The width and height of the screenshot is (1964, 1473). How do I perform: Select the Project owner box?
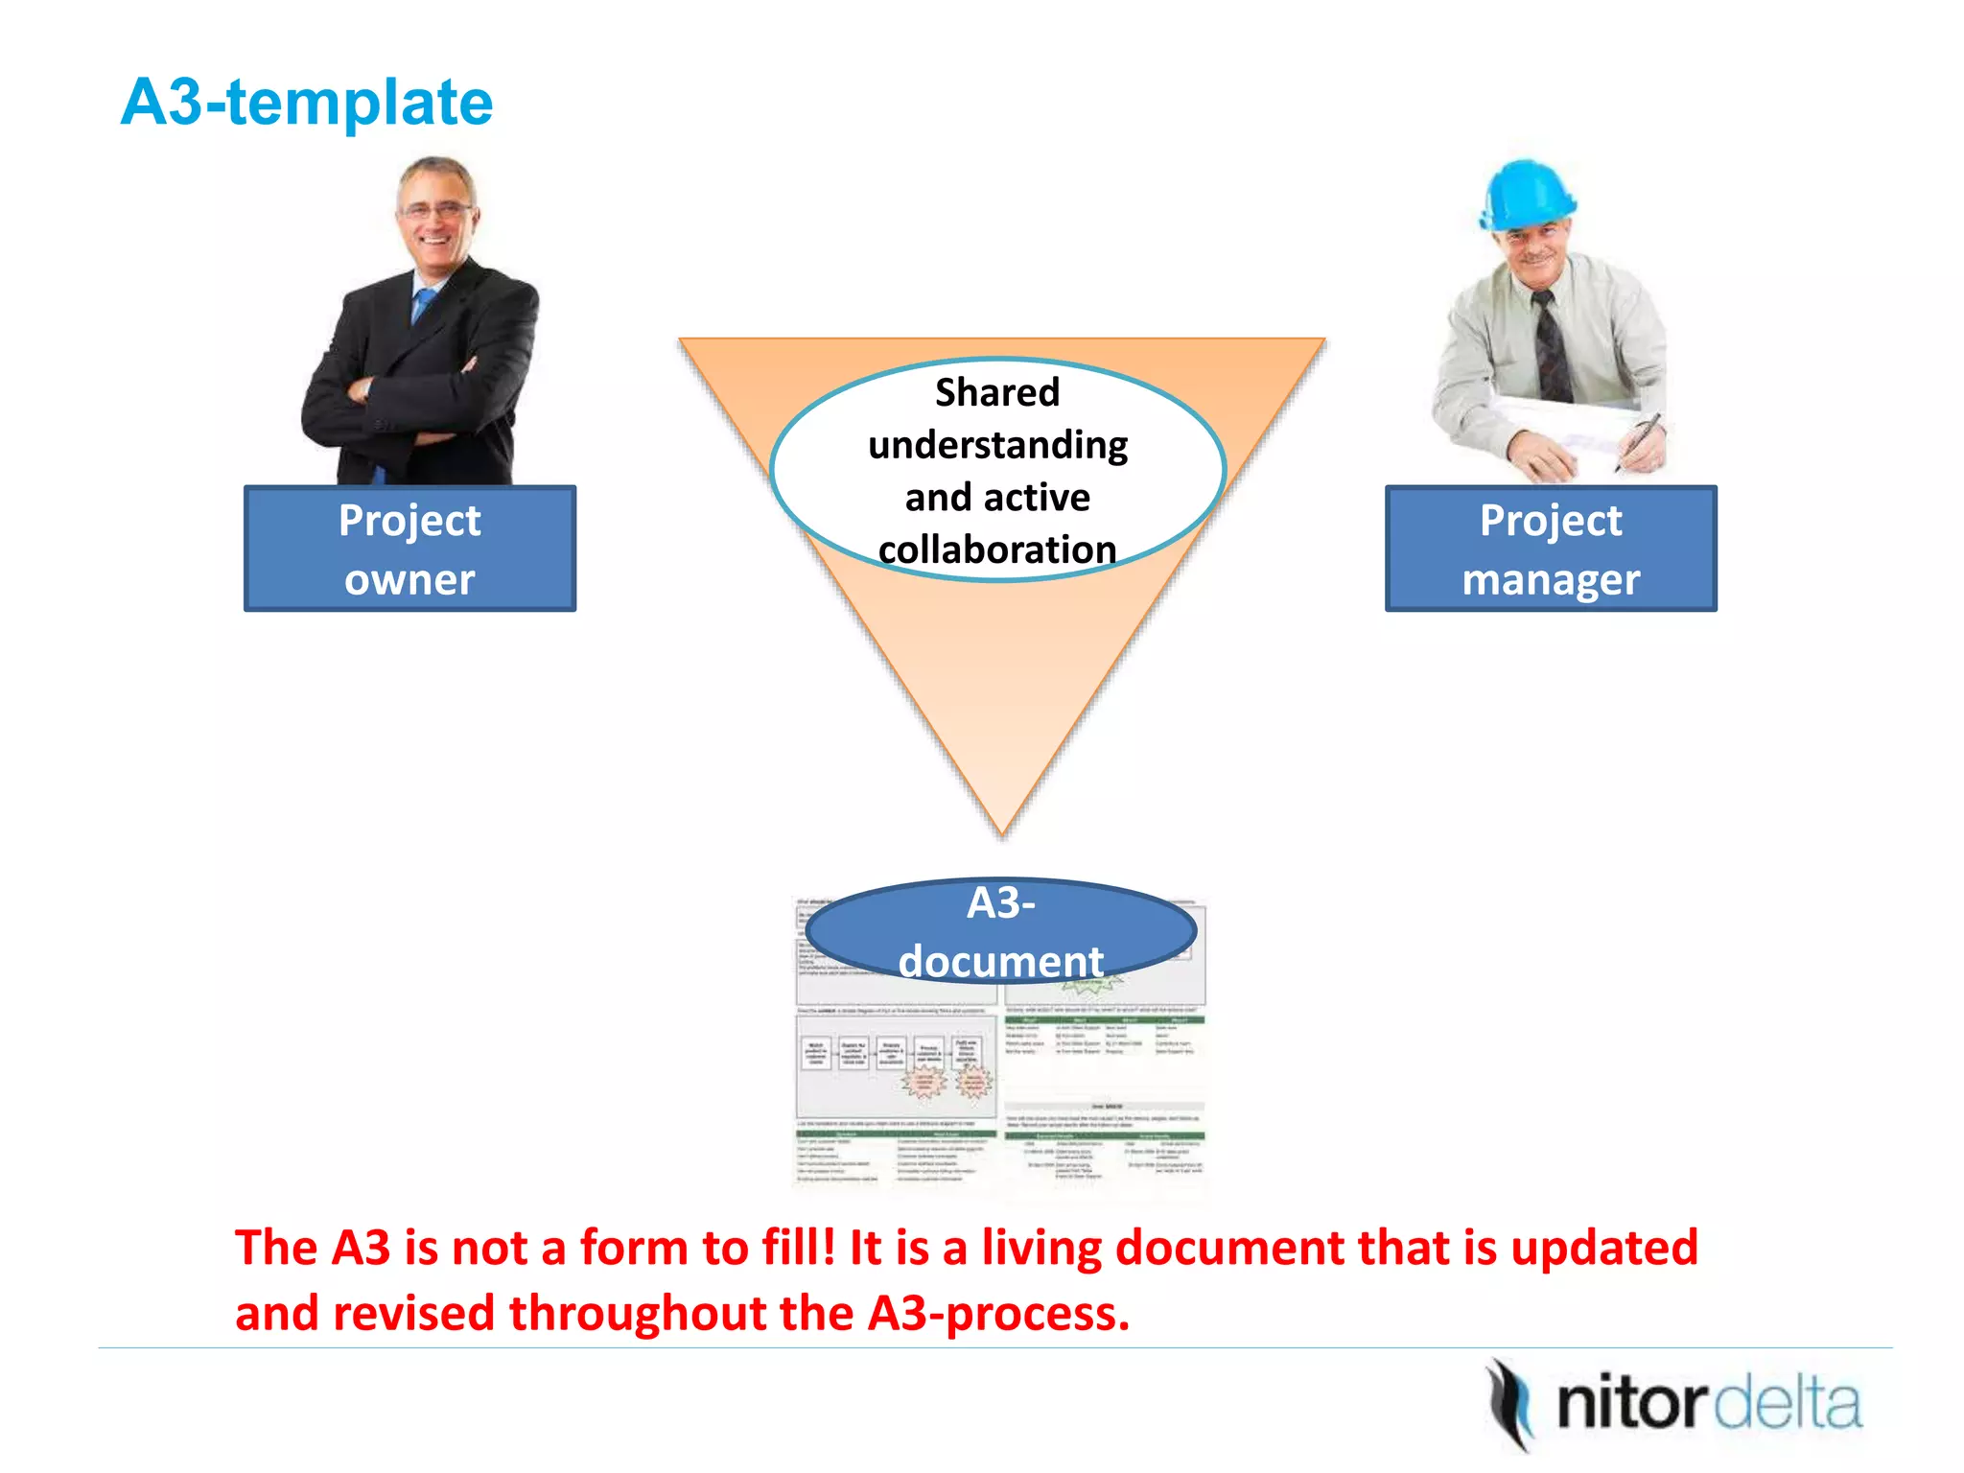[x=409, y=549]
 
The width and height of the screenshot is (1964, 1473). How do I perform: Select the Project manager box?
[x=1551, y=549]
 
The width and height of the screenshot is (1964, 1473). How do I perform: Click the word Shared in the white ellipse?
[x=997, y=393]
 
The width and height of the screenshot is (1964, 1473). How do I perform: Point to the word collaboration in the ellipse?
[x=997, y=549]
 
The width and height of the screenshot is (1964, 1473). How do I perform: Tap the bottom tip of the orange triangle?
[x=1002, y=830]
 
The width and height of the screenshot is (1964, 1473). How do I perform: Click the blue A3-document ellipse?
[x=1000, y=930]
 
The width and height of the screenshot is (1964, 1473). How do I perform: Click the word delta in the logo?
[x=1789, y=1405]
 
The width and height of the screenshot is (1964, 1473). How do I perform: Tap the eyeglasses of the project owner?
[x=436, y=209]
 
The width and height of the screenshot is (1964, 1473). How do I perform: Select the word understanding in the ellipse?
[x=997, y=446]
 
